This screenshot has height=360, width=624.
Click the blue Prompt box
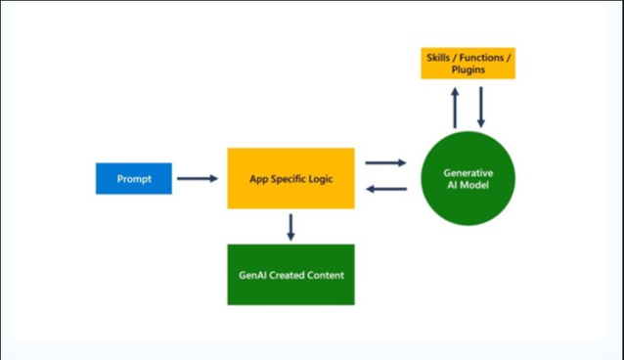point(134,179)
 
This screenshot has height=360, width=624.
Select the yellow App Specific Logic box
point(290,178)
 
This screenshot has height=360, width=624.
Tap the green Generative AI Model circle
point(467,178)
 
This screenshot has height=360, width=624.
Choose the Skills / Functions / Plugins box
point(468,64)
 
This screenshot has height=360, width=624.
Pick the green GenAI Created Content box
point(290,275)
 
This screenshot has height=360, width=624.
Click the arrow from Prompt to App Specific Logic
point(199,179)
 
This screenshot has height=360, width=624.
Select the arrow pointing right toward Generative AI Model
point(386,163)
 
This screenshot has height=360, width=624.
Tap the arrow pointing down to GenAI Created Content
point(290,227)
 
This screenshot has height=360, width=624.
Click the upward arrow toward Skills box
point(455,107)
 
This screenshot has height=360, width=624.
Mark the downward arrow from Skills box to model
point(480,107)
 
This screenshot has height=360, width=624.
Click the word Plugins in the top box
point(468,71)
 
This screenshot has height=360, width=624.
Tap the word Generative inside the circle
point(467,171)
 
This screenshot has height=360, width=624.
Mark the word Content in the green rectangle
point(324,275)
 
